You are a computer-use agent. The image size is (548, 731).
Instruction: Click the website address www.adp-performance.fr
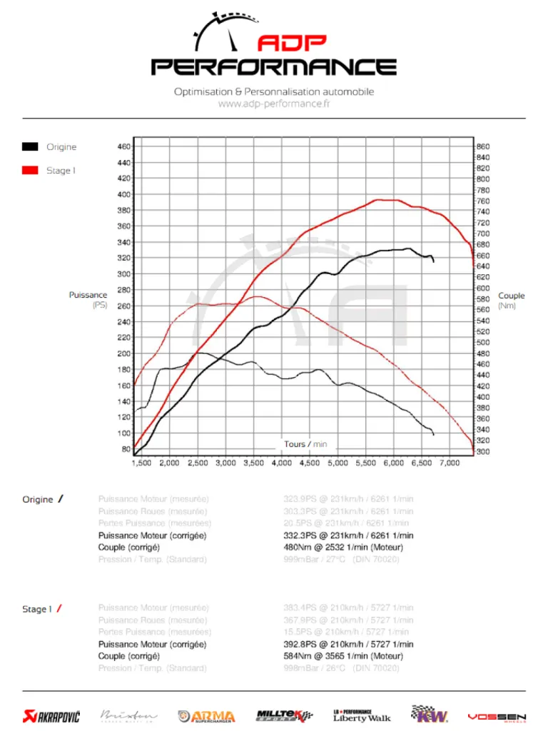(x=274, y=104)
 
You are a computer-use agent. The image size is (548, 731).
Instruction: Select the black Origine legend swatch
(x=30, y=147)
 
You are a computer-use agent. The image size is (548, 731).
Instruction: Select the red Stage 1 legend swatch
(x=30, y=171)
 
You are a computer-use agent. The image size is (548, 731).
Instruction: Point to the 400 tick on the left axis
(x=123, y=194)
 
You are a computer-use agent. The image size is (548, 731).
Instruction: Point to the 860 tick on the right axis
(x=483, y=146)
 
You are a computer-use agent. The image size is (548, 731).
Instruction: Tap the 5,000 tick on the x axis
(x=337, y=463)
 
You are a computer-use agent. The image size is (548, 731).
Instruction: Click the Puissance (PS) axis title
(x=88, y=300)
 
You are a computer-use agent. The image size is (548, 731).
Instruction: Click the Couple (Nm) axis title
(x=511, y=301)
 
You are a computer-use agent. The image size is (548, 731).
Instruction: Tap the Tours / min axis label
(x=305, y=444)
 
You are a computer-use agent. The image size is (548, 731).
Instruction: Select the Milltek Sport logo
(x=285, y=715)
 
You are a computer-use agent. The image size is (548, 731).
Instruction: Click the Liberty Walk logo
(x=362, y=715)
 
